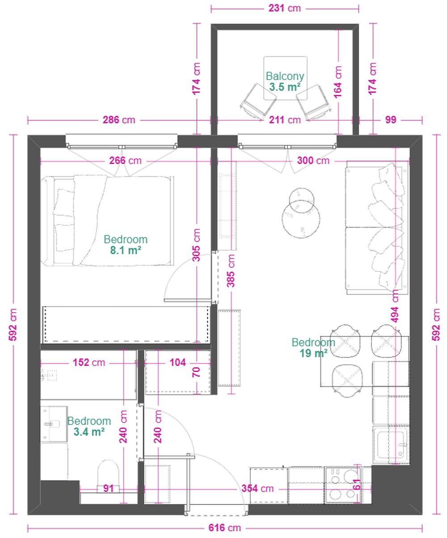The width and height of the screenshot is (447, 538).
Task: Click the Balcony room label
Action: point(285,76)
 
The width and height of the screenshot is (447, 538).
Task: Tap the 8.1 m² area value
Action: point(126,250)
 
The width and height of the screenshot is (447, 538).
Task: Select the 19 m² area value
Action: point(313,353)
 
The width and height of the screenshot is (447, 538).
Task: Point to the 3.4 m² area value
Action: point(89,432)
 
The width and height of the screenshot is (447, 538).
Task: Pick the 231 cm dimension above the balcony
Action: point(285,8)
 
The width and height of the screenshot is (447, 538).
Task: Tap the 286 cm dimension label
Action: point(119,120)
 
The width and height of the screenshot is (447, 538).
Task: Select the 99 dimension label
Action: point(390,120)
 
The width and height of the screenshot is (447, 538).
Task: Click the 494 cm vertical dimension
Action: point(394,306)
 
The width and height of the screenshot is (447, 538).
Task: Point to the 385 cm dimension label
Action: point(231,271)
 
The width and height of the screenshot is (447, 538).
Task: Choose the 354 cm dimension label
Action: point(257,488)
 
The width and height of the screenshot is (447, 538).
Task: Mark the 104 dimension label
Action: point(177,363)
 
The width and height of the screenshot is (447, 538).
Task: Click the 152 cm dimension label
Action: point(89,363)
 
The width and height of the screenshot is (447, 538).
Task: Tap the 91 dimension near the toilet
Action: point(109,488)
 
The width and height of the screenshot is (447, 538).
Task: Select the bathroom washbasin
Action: point(54,424)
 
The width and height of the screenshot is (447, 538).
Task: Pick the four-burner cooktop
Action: point(343,485)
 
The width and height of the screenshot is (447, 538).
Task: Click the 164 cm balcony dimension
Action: point(338,82)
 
